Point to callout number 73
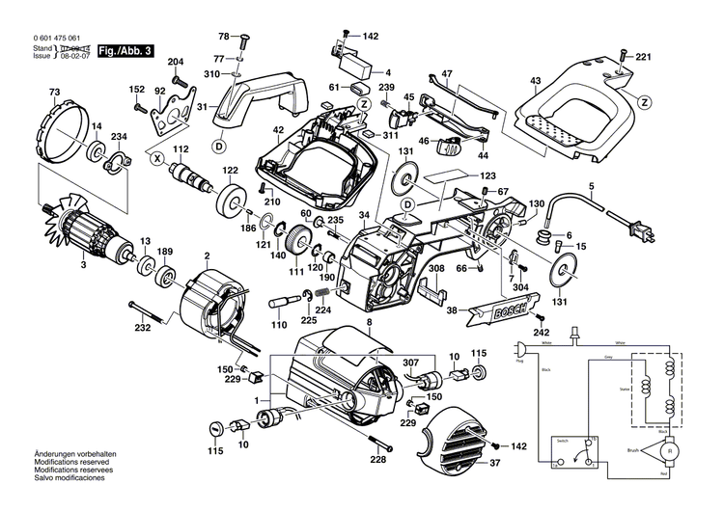(x=55, y=93)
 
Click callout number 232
(x=143, y=329)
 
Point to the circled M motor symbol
(x=665, y=449)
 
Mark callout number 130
(x=537, y=202)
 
